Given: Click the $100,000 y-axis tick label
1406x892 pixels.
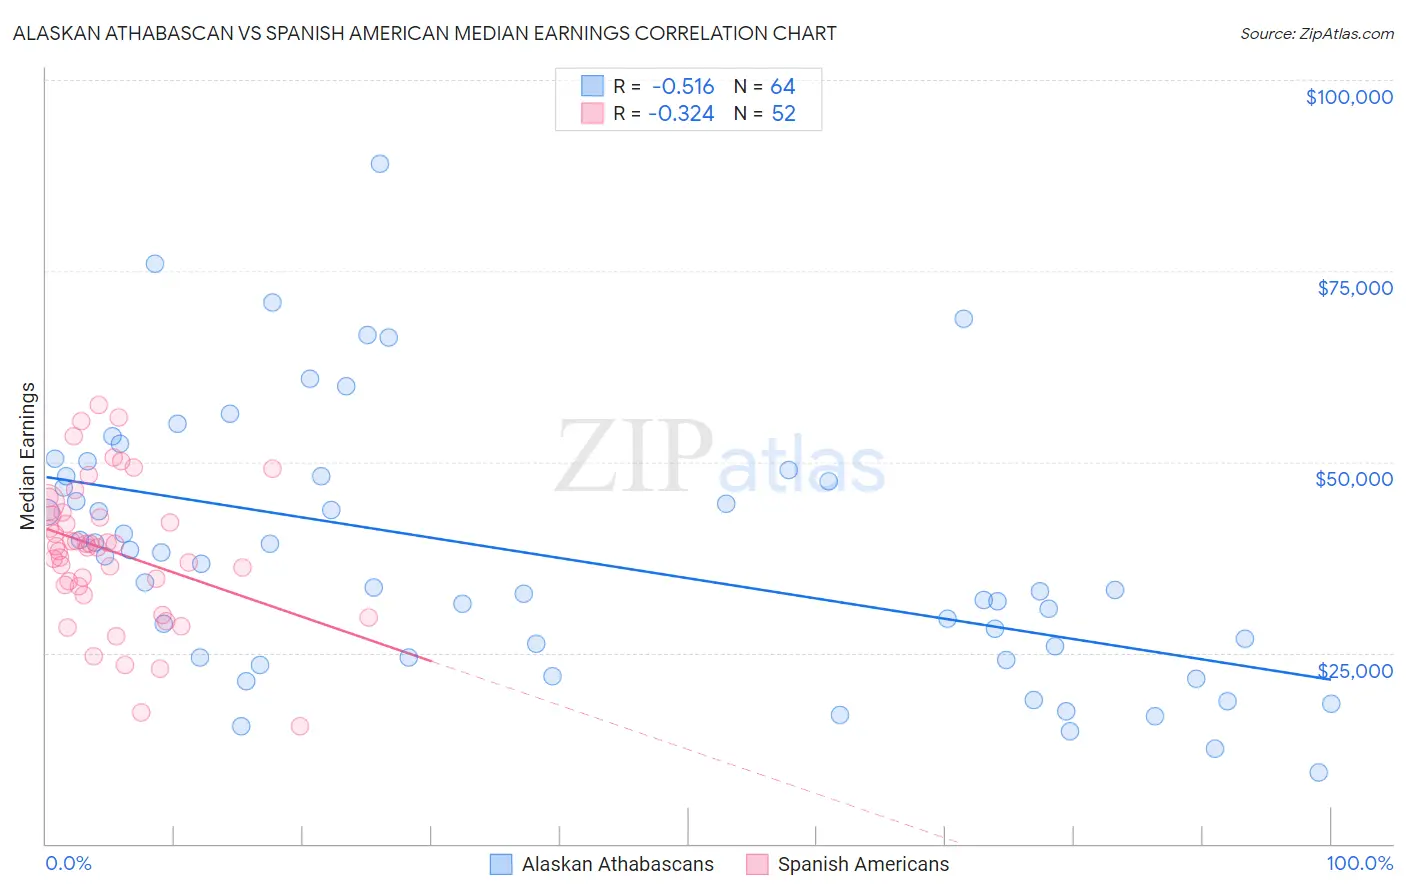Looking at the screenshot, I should [x=1349, y=97].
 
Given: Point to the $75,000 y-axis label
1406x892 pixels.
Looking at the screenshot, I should [x=1354, y=288].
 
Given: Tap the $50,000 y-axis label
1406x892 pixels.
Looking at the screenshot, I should [x=1354, y=479].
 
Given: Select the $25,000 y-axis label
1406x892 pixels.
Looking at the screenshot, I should [x=1354, y=670].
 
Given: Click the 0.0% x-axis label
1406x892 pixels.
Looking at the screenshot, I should [x=68, y=863].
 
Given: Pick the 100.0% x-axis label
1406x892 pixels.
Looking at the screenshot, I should [x=1359, y=863].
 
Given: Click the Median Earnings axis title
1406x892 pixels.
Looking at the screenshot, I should [x=28, y=455].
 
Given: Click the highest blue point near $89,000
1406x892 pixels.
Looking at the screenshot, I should [x=380, y=164].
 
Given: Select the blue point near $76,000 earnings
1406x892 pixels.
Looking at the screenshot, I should [x=155, y=264].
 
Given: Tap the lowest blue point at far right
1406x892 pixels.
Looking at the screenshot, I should [x=1319, y=772].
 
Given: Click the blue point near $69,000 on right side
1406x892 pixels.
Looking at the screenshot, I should [x=964, y=319].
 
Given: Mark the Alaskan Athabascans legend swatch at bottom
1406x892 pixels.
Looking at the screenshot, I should [x=501, y=864].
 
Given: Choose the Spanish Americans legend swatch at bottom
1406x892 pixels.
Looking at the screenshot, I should [x=757, y=864].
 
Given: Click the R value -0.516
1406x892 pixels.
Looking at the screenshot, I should [x=683, y=87].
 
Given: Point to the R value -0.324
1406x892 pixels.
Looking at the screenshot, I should [x=681, y=114].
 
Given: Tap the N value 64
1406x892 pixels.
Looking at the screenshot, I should [x=783, y=87].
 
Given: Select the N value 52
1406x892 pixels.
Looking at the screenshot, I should [x=783, y=114].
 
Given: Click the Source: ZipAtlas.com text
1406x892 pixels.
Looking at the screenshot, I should [x=1316, y=34].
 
